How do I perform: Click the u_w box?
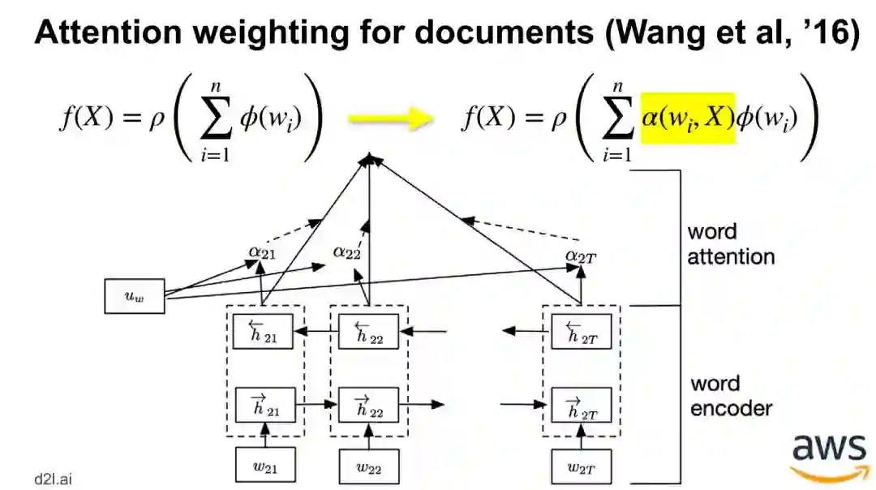135,296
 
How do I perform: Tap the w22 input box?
368,466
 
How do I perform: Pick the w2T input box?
581,466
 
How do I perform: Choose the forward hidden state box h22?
368,404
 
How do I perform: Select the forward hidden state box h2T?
581,404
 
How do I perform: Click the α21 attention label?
263,253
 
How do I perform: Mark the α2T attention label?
581,257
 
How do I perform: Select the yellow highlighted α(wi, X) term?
688,118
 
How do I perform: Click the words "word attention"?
730,244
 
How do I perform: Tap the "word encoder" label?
730,395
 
